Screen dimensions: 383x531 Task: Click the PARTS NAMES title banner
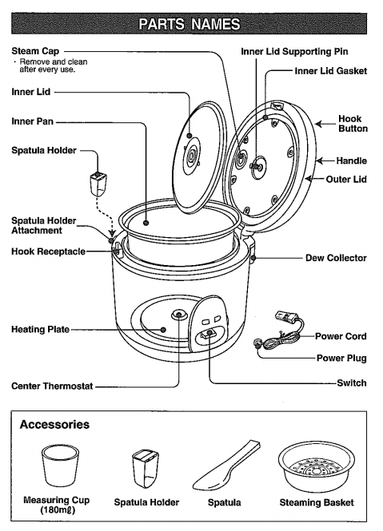coord(190,24)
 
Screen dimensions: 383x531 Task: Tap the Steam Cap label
coord(35,51)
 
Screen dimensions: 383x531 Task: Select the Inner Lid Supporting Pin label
coord(294,51)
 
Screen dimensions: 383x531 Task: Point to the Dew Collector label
coord(336,258)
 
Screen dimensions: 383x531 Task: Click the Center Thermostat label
coord(52,386)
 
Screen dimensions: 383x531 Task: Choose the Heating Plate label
coord(40,330)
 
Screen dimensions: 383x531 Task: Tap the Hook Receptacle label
coord(48,252)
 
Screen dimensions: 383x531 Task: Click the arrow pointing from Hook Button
coord(325,124)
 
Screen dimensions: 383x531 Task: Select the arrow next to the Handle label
coord(325,160)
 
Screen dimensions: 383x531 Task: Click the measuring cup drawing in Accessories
coord(60,466)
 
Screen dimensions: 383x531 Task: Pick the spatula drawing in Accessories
coord(226,466)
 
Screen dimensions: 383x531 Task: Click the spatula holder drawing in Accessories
coord(146,468)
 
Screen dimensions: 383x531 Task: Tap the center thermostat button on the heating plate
coord(179,315)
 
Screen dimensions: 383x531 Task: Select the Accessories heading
coord(54,424)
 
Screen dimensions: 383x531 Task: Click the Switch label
coord(352,383)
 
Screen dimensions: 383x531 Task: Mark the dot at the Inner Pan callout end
coord(146,223)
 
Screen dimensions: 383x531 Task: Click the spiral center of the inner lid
coord(190,157)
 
